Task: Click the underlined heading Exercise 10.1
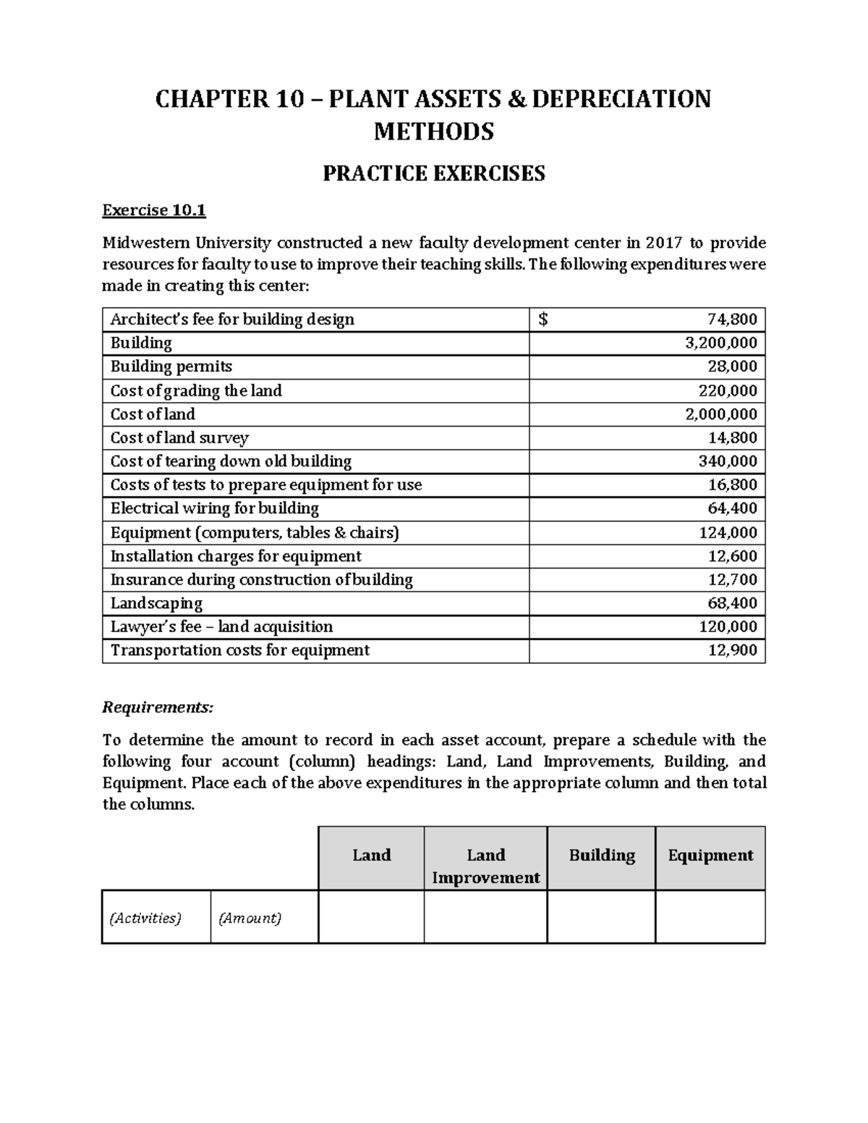154,210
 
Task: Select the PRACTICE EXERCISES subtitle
433,174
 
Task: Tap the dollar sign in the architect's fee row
543,320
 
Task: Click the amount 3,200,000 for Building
720,343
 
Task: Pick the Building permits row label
171,367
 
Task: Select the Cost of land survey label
179,437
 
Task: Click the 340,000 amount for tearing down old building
732,461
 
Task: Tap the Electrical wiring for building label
214,508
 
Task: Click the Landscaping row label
156,603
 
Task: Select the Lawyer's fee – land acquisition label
221,626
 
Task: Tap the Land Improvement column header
485,866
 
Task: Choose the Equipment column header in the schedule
710,855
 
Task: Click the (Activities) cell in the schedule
145,918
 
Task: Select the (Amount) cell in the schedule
250,918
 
